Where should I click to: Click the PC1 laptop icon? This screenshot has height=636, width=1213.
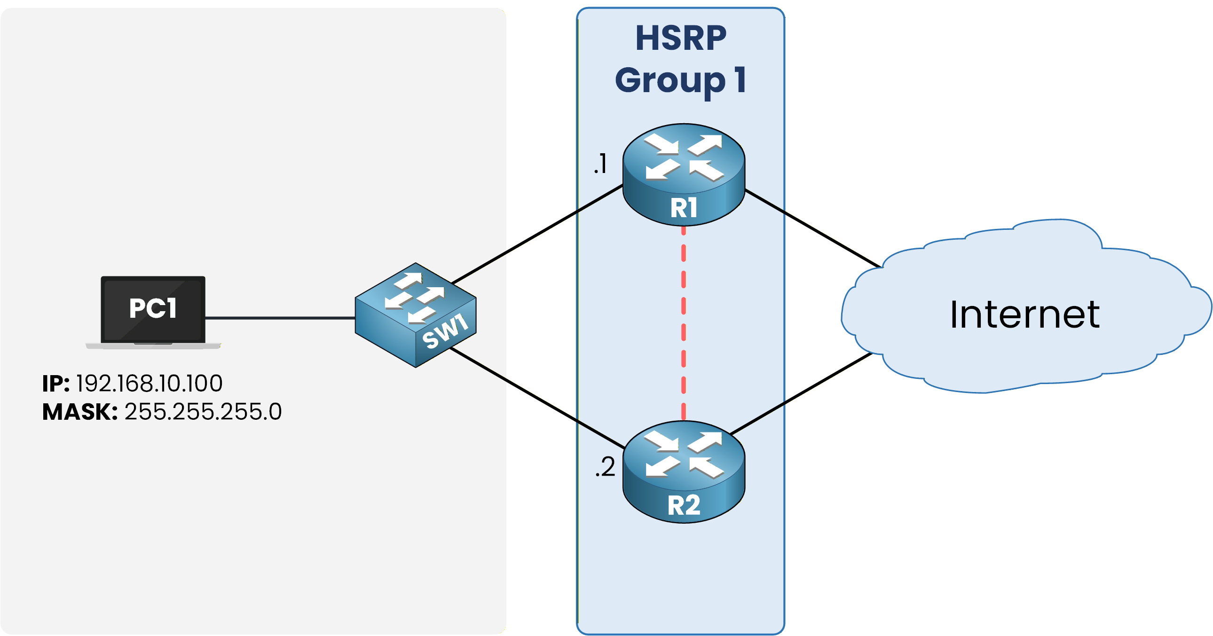coord(153,311)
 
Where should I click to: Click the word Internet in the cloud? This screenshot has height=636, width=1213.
coord(1024,314)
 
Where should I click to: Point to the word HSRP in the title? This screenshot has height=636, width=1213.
coord(680,39)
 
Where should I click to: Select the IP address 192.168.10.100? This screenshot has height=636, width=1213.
coord(149,383)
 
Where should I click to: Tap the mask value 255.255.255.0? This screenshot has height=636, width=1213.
coord(203,411)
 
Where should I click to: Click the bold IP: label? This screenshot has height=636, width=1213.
coord(56,383)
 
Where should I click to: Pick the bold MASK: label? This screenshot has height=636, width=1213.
coord(79,411)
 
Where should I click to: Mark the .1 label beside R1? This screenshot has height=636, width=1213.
coord(600,164)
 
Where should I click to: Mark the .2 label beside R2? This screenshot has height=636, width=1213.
coord(605,467)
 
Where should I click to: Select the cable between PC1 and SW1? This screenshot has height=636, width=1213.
coord(280,318)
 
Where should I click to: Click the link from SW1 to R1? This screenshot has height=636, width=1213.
coord(537,234)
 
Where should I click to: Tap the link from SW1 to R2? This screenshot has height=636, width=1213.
coord(537,398)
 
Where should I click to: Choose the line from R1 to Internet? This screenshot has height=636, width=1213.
coord(812,228)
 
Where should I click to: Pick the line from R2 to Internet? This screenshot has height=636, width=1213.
coord(801,393)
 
